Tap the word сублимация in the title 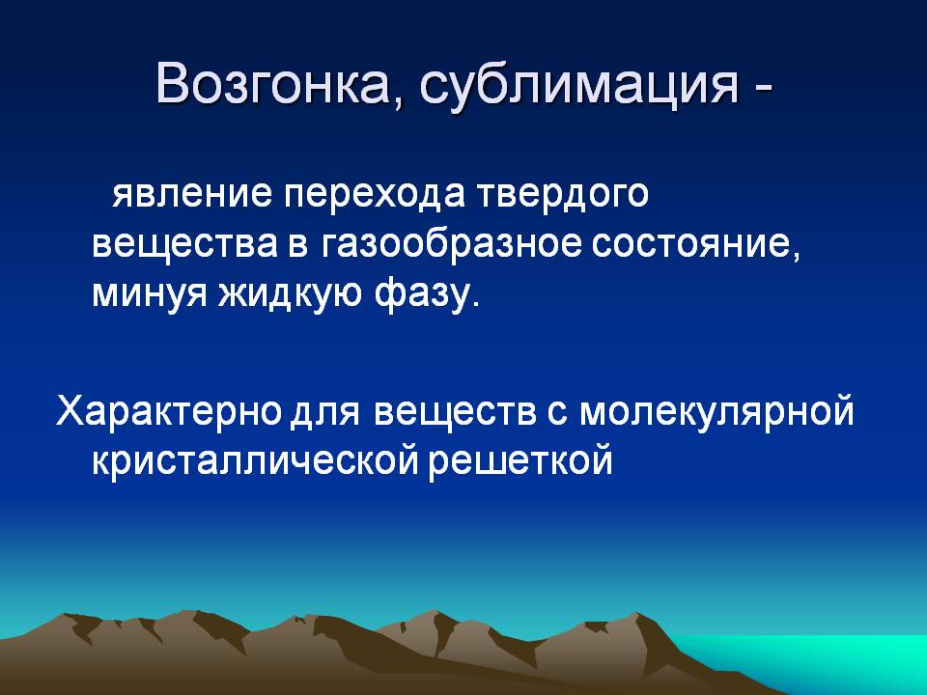[579, 86]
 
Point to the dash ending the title [763, 89]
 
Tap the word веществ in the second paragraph [455, 411]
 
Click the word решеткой [520, 462]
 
